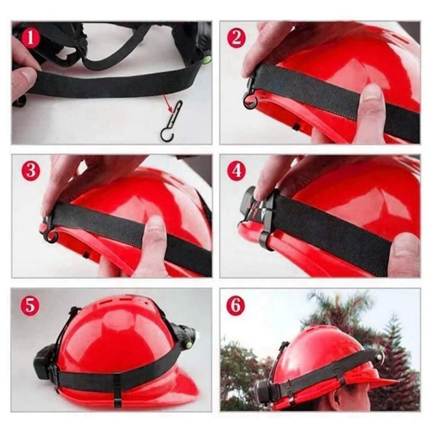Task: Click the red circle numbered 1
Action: (30, 38)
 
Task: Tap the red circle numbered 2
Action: (236, 38)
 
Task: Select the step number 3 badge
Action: (30, 171)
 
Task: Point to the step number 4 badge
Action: (236, 171)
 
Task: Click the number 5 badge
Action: (30, 305)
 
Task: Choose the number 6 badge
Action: (236, 305)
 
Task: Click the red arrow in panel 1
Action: (168, 102)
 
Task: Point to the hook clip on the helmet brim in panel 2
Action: (251, 94)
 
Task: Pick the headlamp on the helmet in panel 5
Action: (185, 334)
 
